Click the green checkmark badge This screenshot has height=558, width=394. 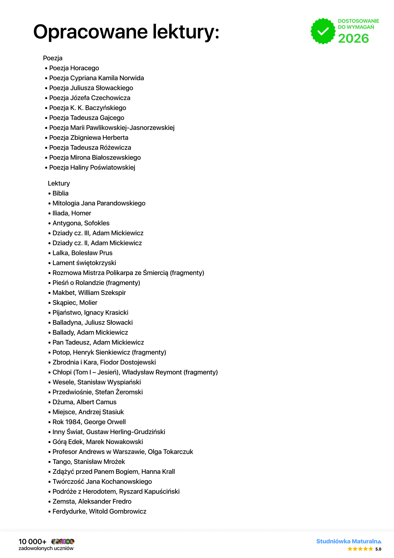(323, 31)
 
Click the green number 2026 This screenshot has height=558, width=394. (353, 38)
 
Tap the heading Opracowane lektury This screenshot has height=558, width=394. (126, 32)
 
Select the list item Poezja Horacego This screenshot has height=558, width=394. (74, 68)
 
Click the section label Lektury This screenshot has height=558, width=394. (59, 183)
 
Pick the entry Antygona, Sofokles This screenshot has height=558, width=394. (81, 223)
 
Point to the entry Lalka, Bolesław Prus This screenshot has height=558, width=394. (82, 253)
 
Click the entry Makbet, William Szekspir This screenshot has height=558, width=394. (89, 293)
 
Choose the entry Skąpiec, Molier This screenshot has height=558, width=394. (75, 303)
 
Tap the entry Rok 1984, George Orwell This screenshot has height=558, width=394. (89, 422)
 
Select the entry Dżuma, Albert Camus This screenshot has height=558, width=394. (84, 402)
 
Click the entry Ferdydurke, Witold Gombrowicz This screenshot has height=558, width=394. (99, 511)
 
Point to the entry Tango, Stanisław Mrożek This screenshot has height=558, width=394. (89, 462)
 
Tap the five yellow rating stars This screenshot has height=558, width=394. (360, 549)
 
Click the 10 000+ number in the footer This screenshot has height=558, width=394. (32, 541)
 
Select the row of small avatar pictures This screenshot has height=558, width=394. (63, 541)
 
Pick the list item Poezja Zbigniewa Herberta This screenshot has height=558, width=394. (88, 138)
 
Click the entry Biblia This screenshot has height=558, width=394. (60, 193)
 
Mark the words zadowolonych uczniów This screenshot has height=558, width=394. (46, 548)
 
